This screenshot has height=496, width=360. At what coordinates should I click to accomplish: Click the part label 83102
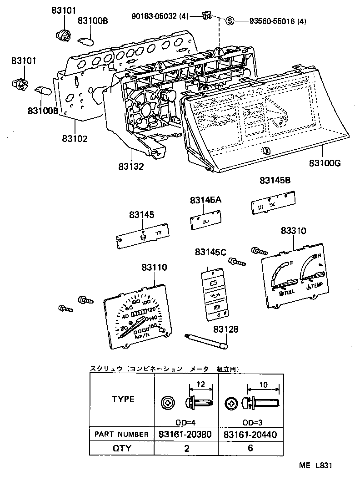(75, 138)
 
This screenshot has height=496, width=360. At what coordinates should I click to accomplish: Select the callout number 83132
(132, 167)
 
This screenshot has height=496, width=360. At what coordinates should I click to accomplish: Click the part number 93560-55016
(271, 21)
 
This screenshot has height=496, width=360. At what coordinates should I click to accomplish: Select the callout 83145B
(275, 181)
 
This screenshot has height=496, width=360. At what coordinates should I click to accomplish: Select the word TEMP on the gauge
(317, 285)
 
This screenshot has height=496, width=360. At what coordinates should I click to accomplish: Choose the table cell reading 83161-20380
(185, 435)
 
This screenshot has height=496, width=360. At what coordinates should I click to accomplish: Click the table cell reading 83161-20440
(250, 435)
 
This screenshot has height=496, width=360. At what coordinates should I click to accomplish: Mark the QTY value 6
(250, 448)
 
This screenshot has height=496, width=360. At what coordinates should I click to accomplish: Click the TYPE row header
(123, 400)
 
